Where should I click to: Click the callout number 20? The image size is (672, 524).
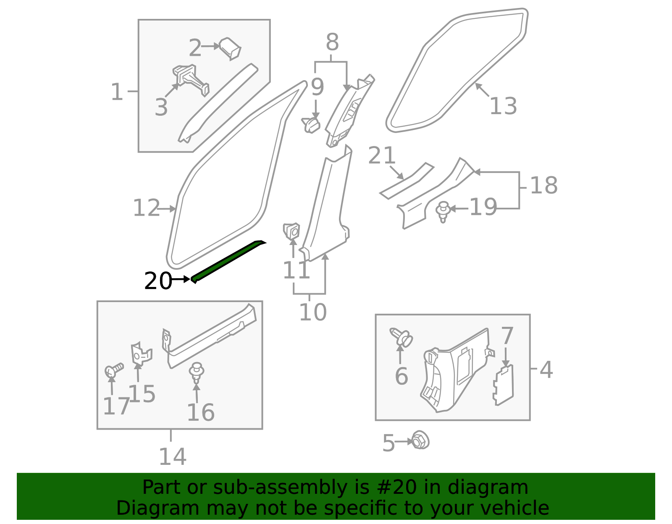tap(158, 281)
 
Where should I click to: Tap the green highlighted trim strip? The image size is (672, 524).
tap(228, 261)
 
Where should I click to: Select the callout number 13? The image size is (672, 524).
tap(504, 106)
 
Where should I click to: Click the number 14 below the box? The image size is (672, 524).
tap(173, 457)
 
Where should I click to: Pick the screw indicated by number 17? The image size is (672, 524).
tap(114, 370)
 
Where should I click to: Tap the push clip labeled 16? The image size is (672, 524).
tap(197, 373)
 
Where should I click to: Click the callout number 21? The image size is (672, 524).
tap(382, 155)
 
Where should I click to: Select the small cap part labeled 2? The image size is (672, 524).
tap(230, 49)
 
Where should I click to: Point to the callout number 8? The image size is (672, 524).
tap(333, 42)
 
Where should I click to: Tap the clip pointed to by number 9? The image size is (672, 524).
tap(311, 125)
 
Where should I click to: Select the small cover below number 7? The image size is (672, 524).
tap(503, 385)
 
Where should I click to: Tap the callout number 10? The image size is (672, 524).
tap(313, 312)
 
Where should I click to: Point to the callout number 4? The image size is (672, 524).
tap(546, 369)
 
